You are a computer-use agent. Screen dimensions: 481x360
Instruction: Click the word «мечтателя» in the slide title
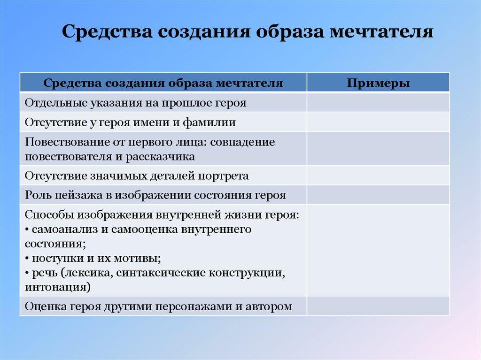[x=381, y=31]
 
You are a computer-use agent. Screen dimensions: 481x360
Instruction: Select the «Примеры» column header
[x=378, y=84]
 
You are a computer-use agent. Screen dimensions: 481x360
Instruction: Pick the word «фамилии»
[x=209, y=123]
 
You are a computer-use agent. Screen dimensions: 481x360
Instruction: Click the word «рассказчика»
[x=160, y=157]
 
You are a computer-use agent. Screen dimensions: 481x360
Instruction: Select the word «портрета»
[x=223, y=176]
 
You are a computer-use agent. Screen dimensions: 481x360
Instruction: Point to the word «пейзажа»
[x=79, y=195]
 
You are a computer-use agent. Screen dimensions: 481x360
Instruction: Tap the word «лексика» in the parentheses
[x=88, y=273]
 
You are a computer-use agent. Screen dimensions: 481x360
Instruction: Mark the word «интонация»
[x=56, y=287]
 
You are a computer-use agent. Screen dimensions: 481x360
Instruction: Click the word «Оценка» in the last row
[x=46, y=306]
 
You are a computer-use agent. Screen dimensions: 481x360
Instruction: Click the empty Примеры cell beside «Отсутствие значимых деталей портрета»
[x=378, y=176]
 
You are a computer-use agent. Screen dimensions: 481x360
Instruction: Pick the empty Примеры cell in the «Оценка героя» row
[x=378, y=306]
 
